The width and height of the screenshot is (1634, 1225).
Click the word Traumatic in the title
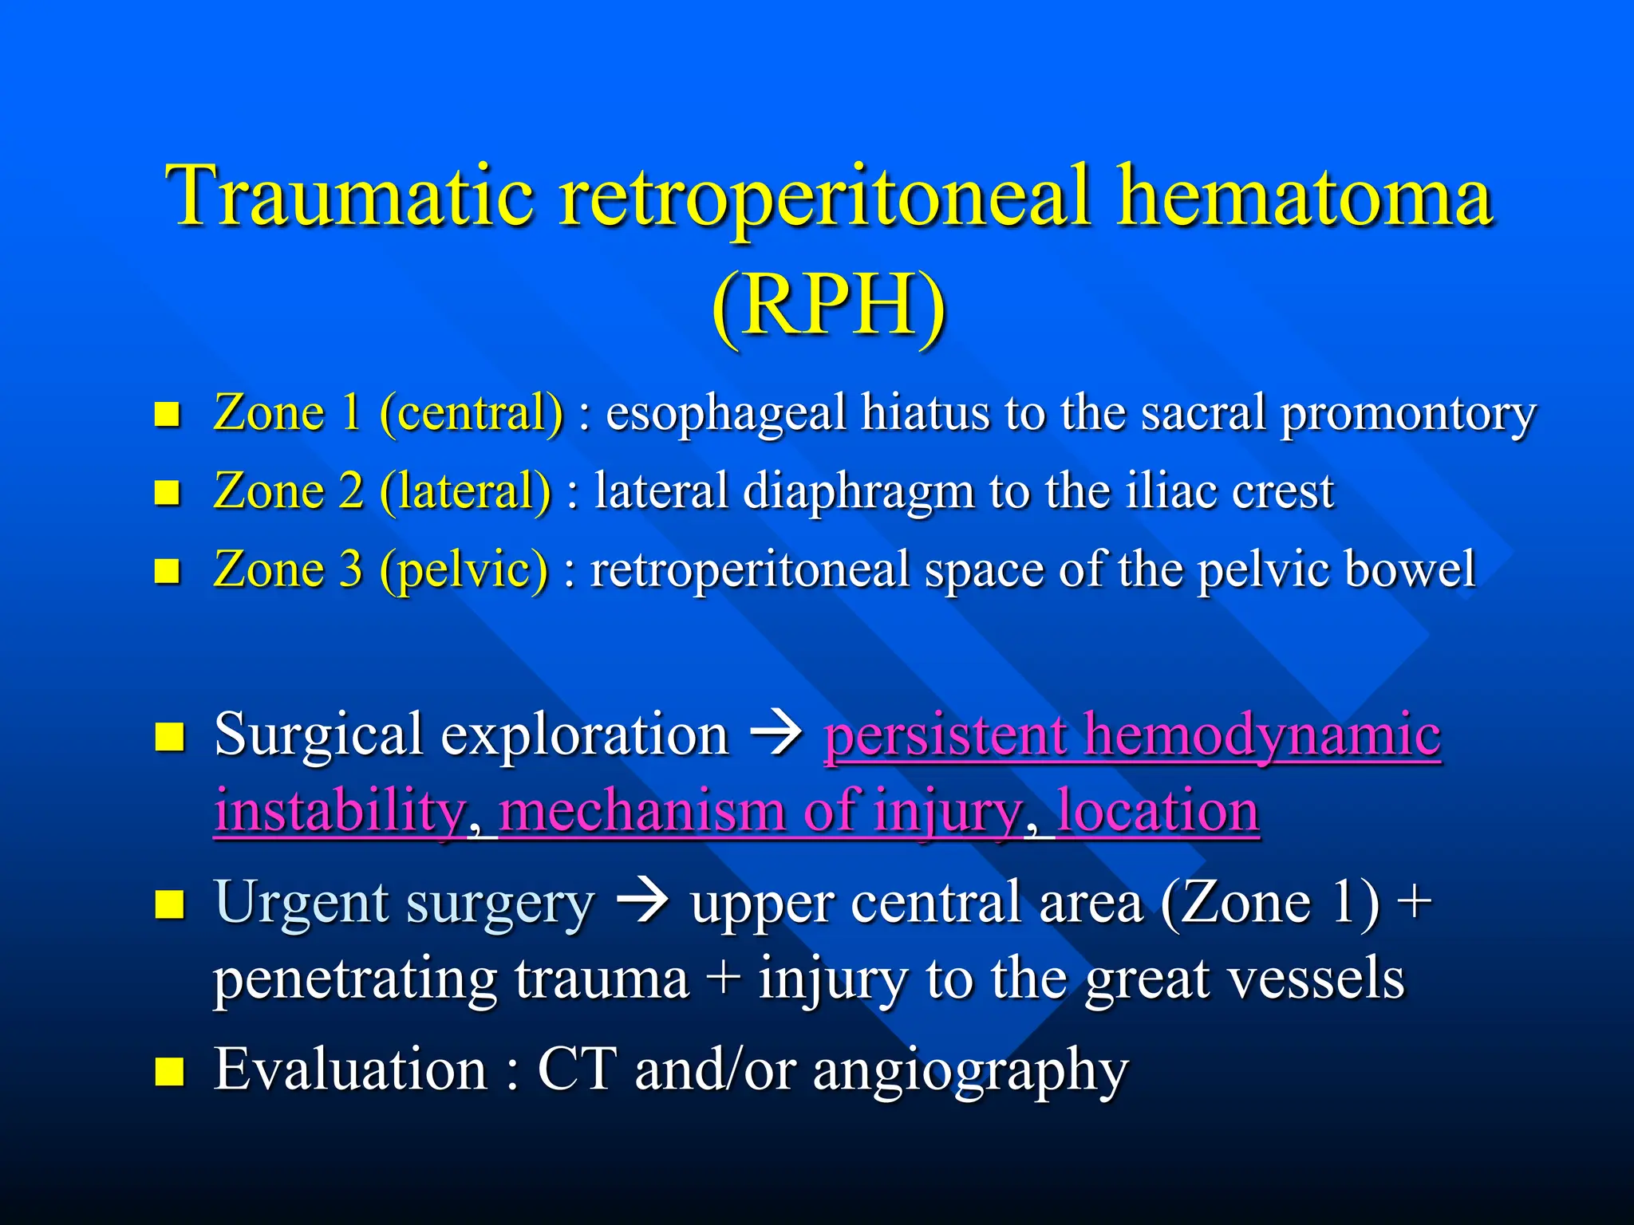(x=349, y=195)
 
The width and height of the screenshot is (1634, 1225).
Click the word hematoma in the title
(x=1304, y=195)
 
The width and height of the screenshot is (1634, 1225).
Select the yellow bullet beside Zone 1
(x=167, y=415)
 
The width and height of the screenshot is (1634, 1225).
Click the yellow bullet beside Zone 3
(x=167, y=571)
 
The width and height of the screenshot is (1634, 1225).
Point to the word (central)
(x=472, y=413)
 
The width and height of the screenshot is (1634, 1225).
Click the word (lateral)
(x=465, y=491)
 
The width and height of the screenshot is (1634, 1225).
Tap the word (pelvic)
(x=464, y=569)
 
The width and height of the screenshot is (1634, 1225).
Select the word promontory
(x=1408, y=415)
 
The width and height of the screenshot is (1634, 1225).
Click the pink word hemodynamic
(x=1262, y=734)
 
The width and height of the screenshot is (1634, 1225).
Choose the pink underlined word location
(x=1158, y=810)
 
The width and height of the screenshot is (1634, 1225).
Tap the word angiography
(x=970, y=1070)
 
